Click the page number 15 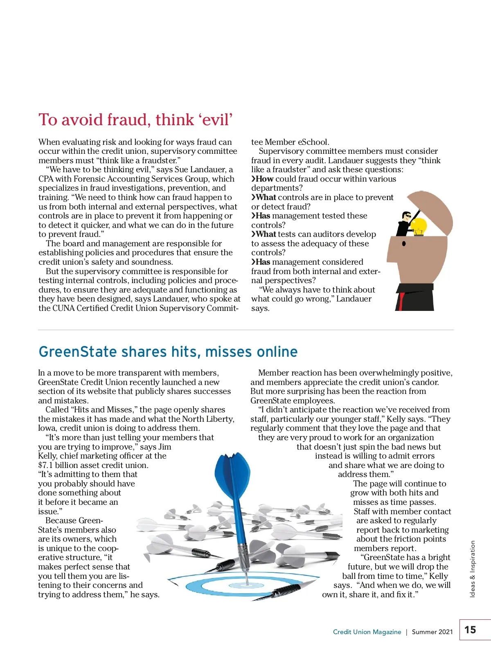470,630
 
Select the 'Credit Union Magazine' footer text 367,632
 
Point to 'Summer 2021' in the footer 432,632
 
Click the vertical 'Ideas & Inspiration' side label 473,569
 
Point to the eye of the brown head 404,243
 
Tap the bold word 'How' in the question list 264,179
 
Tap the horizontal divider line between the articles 245,330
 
